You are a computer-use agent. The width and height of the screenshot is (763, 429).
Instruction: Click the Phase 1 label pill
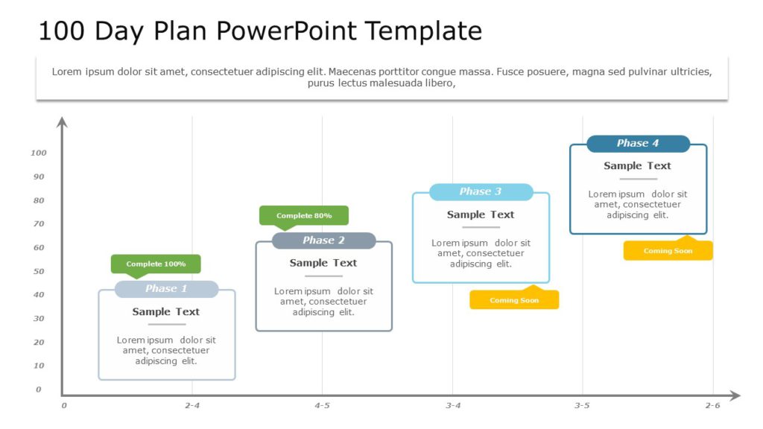coord(166,289)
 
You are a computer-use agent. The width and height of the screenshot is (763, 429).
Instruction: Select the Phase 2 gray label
coord(323,241)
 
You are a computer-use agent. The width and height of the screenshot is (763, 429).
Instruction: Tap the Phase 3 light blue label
coord(481,192)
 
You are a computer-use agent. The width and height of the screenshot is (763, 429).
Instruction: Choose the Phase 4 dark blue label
coord(638,144)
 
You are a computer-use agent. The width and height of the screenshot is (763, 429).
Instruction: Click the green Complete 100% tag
coord(156,264)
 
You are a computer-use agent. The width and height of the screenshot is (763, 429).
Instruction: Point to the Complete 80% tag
coord(304,215)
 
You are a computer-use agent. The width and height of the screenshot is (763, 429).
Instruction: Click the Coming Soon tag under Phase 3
coord(514,300)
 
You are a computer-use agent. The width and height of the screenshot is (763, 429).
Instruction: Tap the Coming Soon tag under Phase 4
coord(668,251)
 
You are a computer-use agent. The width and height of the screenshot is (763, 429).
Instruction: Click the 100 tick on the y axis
coord(39,153)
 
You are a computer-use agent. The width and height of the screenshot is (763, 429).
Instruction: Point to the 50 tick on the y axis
coord(39,271)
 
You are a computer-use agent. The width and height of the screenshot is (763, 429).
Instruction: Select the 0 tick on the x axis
coord(64,406)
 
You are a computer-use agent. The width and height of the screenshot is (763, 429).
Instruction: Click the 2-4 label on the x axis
coord(192,406)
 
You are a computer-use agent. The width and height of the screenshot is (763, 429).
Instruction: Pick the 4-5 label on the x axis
coord(322,406)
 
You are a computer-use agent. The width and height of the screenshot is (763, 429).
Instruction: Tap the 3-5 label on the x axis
coord(582,406)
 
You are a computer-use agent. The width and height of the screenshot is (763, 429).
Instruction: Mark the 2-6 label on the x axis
coord(713,406)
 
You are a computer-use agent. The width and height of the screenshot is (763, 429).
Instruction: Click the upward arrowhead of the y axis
coord(63,121)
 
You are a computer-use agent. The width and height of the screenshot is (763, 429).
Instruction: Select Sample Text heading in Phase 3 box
coord(481,214)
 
